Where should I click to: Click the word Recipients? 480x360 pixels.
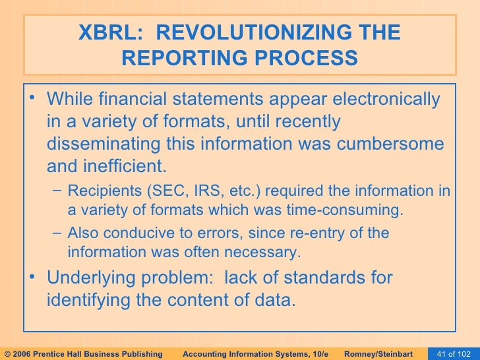[x=101, y=191]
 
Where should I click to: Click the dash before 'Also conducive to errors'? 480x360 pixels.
[x=56, y=233]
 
